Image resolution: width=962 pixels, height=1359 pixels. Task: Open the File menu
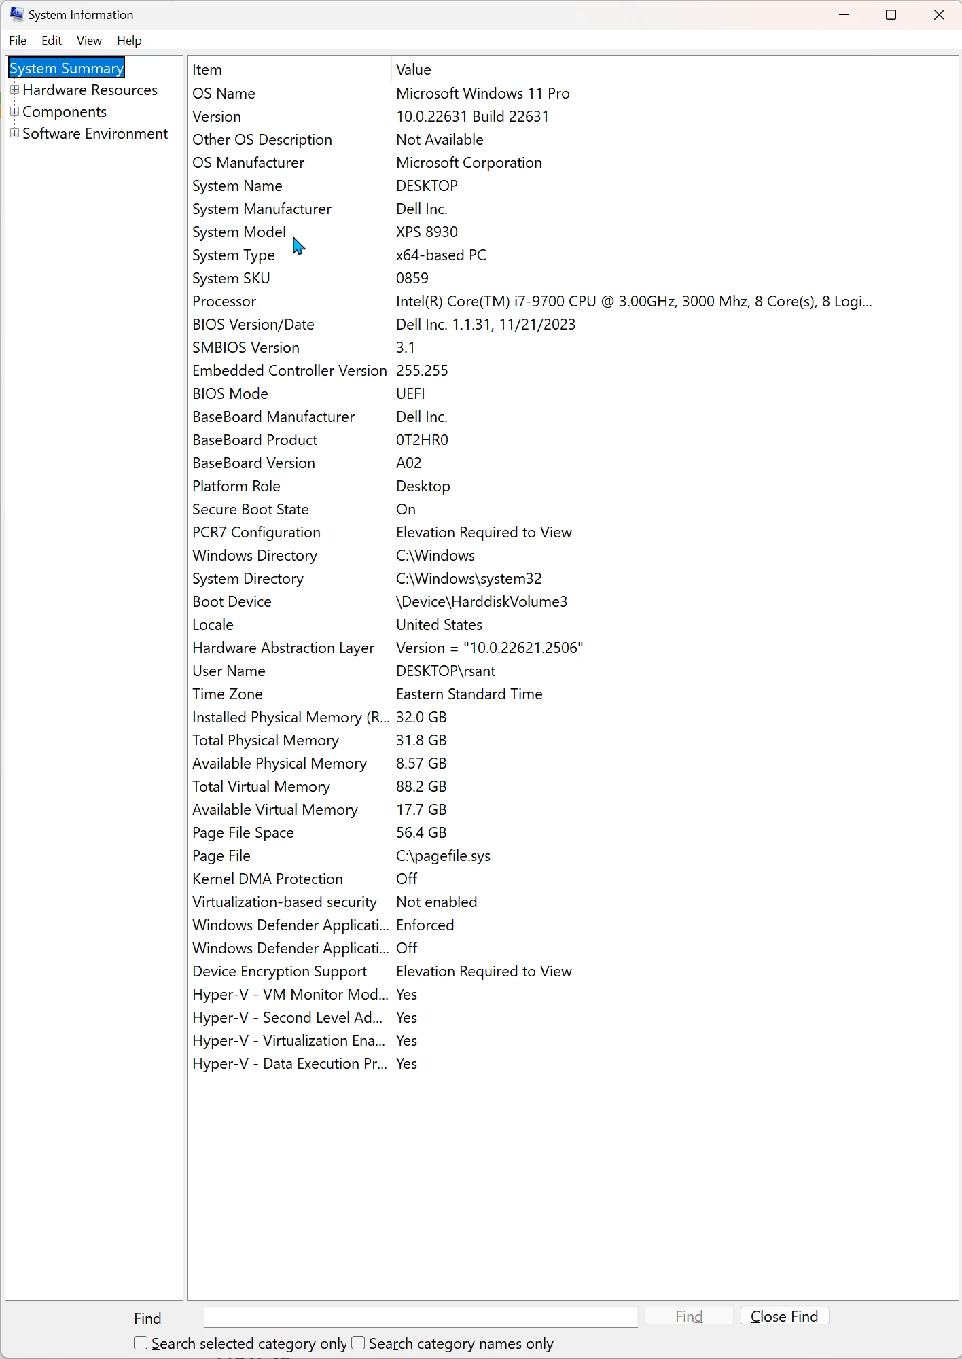point(18,41)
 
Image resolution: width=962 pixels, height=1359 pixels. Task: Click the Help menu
point(129,41)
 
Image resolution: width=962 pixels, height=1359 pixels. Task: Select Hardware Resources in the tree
point(90,90)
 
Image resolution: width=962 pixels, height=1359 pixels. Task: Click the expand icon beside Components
point(14,111)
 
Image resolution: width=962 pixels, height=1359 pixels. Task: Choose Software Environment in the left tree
point(95,133)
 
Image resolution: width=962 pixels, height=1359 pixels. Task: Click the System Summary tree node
point(66,68)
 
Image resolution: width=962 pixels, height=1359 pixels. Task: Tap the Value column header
point(414,69)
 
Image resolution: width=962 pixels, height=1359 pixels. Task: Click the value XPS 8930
point(427,232)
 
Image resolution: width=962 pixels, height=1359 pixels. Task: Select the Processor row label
point(224,301)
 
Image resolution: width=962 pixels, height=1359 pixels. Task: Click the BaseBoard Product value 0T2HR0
point(422,440)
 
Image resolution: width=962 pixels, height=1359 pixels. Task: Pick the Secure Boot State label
point(250,509)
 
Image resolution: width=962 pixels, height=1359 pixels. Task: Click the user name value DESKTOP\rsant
point(446,671)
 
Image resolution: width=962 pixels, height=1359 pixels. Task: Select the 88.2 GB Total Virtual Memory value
point(421,786)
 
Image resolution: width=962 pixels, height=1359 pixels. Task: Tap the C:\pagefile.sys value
point(443,855)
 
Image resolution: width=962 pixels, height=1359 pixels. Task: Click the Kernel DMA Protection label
point(267,879)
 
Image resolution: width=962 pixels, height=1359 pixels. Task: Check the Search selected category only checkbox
point(141,1343)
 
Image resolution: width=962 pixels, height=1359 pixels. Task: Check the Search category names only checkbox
point(358,1343)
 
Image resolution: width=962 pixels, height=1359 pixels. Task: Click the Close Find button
point(784,1316)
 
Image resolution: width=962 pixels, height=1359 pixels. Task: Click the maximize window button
point(891,15)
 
